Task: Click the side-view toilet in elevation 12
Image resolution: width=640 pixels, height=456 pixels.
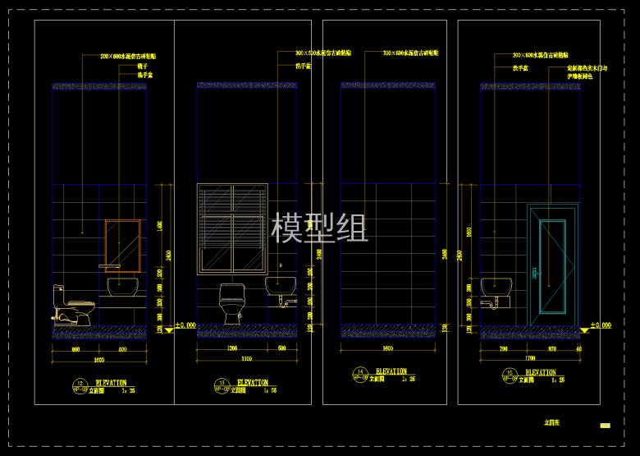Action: (72, 306)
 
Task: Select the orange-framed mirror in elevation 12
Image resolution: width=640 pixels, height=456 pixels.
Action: (122, 243)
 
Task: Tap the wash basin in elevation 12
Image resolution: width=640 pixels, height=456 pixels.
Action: (122, 287)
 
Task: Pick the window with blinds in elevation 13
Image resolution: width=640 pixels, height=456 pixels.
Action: (232, 228)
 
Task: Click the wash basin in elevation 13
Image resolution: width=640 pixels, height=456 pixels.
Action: (280, 287)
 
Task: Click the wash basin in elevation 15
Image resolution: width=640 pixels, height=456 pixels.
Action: (496, 288)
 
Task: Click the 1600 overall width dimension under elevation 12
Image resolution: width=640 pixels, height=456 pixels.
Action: (98, 360)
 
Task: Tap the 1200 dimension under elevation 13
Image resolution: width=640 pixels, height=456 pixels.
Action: (232, 349)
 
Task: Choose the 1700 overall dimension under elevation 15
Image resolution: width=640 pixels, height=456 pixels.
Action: (530, 359)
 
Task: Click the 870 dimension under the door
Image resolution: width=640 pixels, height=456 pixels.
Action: (552, 349)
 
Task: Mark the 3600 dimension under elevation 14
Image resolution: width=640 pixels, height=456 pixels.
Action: (389, 348)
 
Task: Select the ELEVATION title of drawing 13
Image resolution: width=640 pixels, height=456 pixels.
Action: (252, 383)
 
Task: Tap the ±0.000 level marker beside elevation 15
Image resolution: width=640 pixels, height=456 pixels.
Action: (597, 326)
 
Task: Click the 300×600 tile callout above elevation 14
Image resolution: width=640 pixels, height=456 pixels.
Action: (410, 53)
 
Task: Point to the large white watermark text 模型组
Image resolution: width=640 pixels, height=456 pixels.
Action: (319, 228)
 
